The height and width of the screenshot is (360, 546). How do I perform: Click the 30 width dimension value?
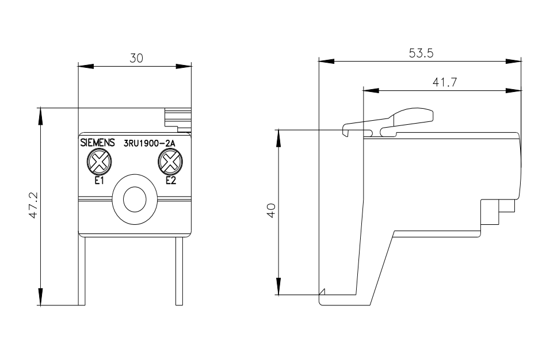[136, 58]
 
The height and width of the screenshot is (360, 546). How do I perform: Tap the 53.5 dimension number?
[421, 53]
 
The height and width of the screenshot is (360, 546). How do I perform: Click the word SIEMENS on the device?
[96, 143]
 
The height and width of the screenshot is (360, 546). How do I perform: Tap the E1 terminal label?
[98, 181]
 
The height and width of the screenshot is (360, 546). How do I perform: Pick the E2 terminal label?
[170, 181]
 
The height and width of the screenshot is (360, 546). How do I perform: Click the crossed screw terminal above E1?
[99, 162]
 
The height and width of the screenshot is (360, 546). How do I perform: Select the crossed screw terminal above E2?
[170, 162]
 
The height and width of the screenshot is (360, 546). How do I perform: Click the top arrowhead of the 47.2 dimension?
[40, 114]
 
